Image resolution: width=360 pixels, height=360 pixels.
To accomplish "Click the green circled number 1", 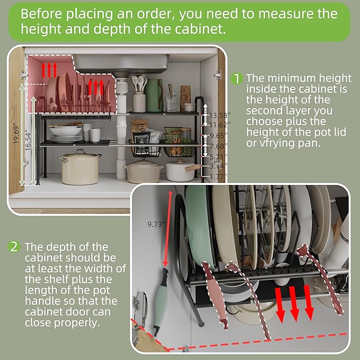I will [238, 78].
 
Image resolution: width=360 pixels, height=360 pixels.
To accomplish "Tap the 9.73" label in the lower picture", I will [155, 224].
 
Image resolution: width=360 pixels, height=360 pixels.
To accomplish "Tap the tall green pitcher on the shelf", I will [154, 95].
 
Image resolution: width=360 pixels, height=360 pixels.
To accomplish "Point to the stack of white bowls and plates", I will [66, 133].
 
